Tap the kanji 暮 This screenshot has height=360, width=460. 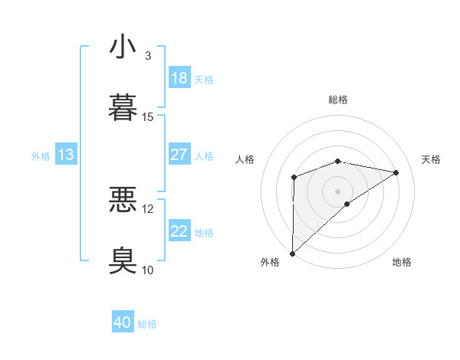(123, 106)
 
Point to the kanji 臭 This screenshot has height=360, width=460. (123, 260)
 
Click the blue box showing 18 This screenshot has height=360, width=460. (179, 78)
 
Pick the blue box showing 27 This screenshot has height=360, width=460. (179, 155)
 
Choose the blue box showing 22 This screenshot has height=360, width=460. (179, 231)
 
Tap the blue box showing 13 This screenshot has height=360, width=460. (66, 155)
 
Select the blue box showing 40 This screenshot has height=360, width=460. (123, 323)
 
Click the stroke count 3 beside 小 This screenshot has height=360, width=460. (148, 56)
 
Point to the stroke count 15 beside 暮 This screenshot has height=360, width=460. (148, 117)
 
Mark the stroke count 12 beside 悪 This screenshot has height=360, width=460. (148, 208)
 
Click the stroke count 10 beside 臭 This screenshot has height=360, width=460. (148, 270)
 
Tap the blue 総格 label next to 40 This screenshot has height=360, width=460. (147, 324)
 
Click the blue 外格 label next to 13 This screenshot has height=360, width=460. (41, 155)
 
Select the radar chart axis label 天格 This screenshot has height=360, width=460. (431, 159)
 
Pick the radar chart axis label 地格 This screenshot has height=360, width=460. (402, 262)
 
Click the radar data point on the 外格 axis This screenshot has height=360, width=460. (292, 253)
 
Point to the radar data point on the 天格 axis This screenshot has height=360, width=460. (396, 172)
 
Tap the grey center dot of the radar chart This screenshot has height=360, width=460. (337, 191)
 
